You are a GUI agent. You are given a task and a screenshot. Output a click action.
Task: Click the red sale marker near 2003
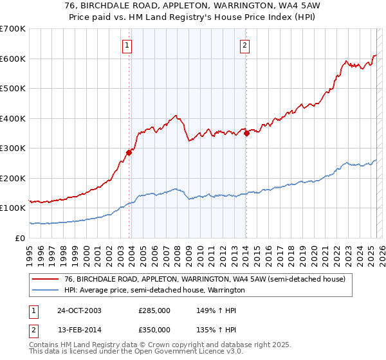tap(129, 152)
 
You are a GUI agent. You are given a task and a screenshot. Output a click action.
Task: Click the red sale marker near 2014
tap(246, 133)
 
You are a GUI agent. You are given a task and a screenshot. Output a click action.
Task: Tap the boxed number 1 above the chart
tap(127, 45)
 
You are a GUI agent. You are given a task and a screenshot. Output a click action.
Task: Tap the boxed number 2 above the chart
tap(245, 45)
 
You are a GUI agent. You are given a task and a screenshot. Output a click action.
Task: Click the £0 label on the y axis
tap(20, 238)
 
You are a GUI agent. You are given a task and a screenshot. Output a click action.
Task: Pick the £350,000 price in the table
tap(154, 329)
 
